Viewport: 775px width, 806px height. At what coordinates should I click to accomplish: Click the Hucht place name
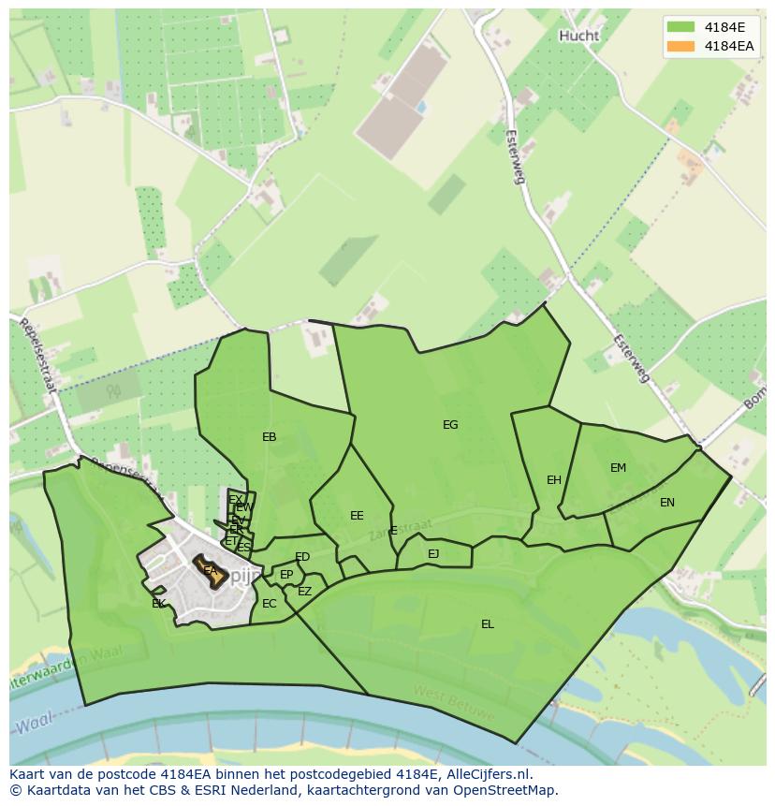point(578,36)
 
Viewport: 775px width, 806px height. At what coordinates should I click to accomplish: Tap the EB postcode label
point(270,437)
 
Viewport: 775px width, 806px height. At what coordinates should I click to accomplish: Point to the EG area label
point(450,425)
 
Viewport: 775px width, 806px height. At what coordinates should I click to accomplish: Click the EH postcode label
point(554,480)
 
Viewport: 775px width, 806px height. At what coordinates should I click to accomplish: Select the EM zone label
point(618,468)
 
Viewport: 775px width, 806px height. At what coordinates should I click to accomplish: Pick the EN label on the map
point(666,503)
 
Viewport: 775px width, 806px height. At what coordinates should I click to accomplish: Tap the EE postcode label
point(357,516)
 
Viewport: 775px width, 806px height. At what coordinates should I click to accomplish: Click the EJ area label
point(433,554)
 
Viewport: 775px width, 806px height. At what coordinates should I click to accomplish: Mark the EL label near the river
point(487,624)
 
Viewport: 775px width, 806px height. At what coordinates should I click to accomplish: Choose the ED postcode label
point(302,558)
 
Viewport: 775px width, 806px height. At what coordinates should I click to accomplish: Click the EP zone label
point(286,575)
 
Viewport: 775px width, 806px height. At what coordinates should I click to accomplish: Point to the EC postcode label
point(270,604)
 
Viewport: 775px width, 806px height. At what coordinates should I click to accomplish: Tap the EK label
point(158,604)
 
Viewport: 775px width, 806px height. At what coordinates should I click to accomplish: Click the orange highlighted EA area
point(211,571)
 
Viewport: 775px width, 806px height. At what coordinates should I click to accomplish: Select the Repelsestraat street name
point(38,355)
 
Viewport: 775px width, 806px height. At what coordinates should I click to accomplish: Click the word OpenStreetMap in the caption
point(509,790)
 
